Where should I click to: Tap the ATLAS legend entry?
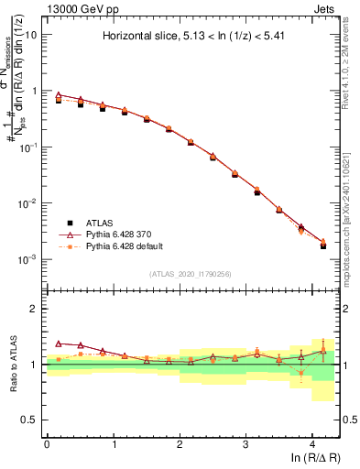click(x=99, y=222)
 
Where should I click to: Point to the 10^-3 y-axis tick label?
click(x=27, y=259)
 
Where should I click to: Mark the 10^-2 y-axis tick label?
click(x=27, y=203)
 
